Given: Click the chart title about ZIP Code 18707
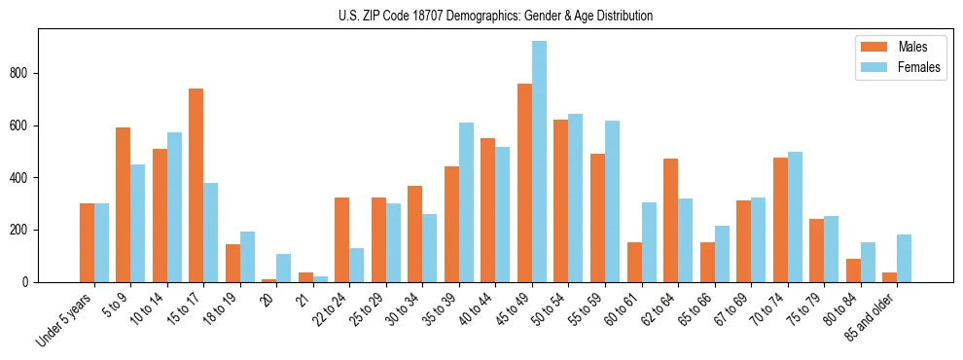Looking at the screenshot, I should coord(481,16).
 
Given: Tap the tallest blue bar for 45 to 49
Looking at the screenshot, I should coord(539,162).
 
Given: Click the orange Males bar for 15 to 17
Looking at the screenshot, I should coord(196,185).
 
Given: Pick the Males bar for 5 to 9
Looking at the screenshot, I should coord(124,204).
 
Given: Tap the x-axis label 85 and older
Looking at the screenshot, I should coord(868,318).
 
